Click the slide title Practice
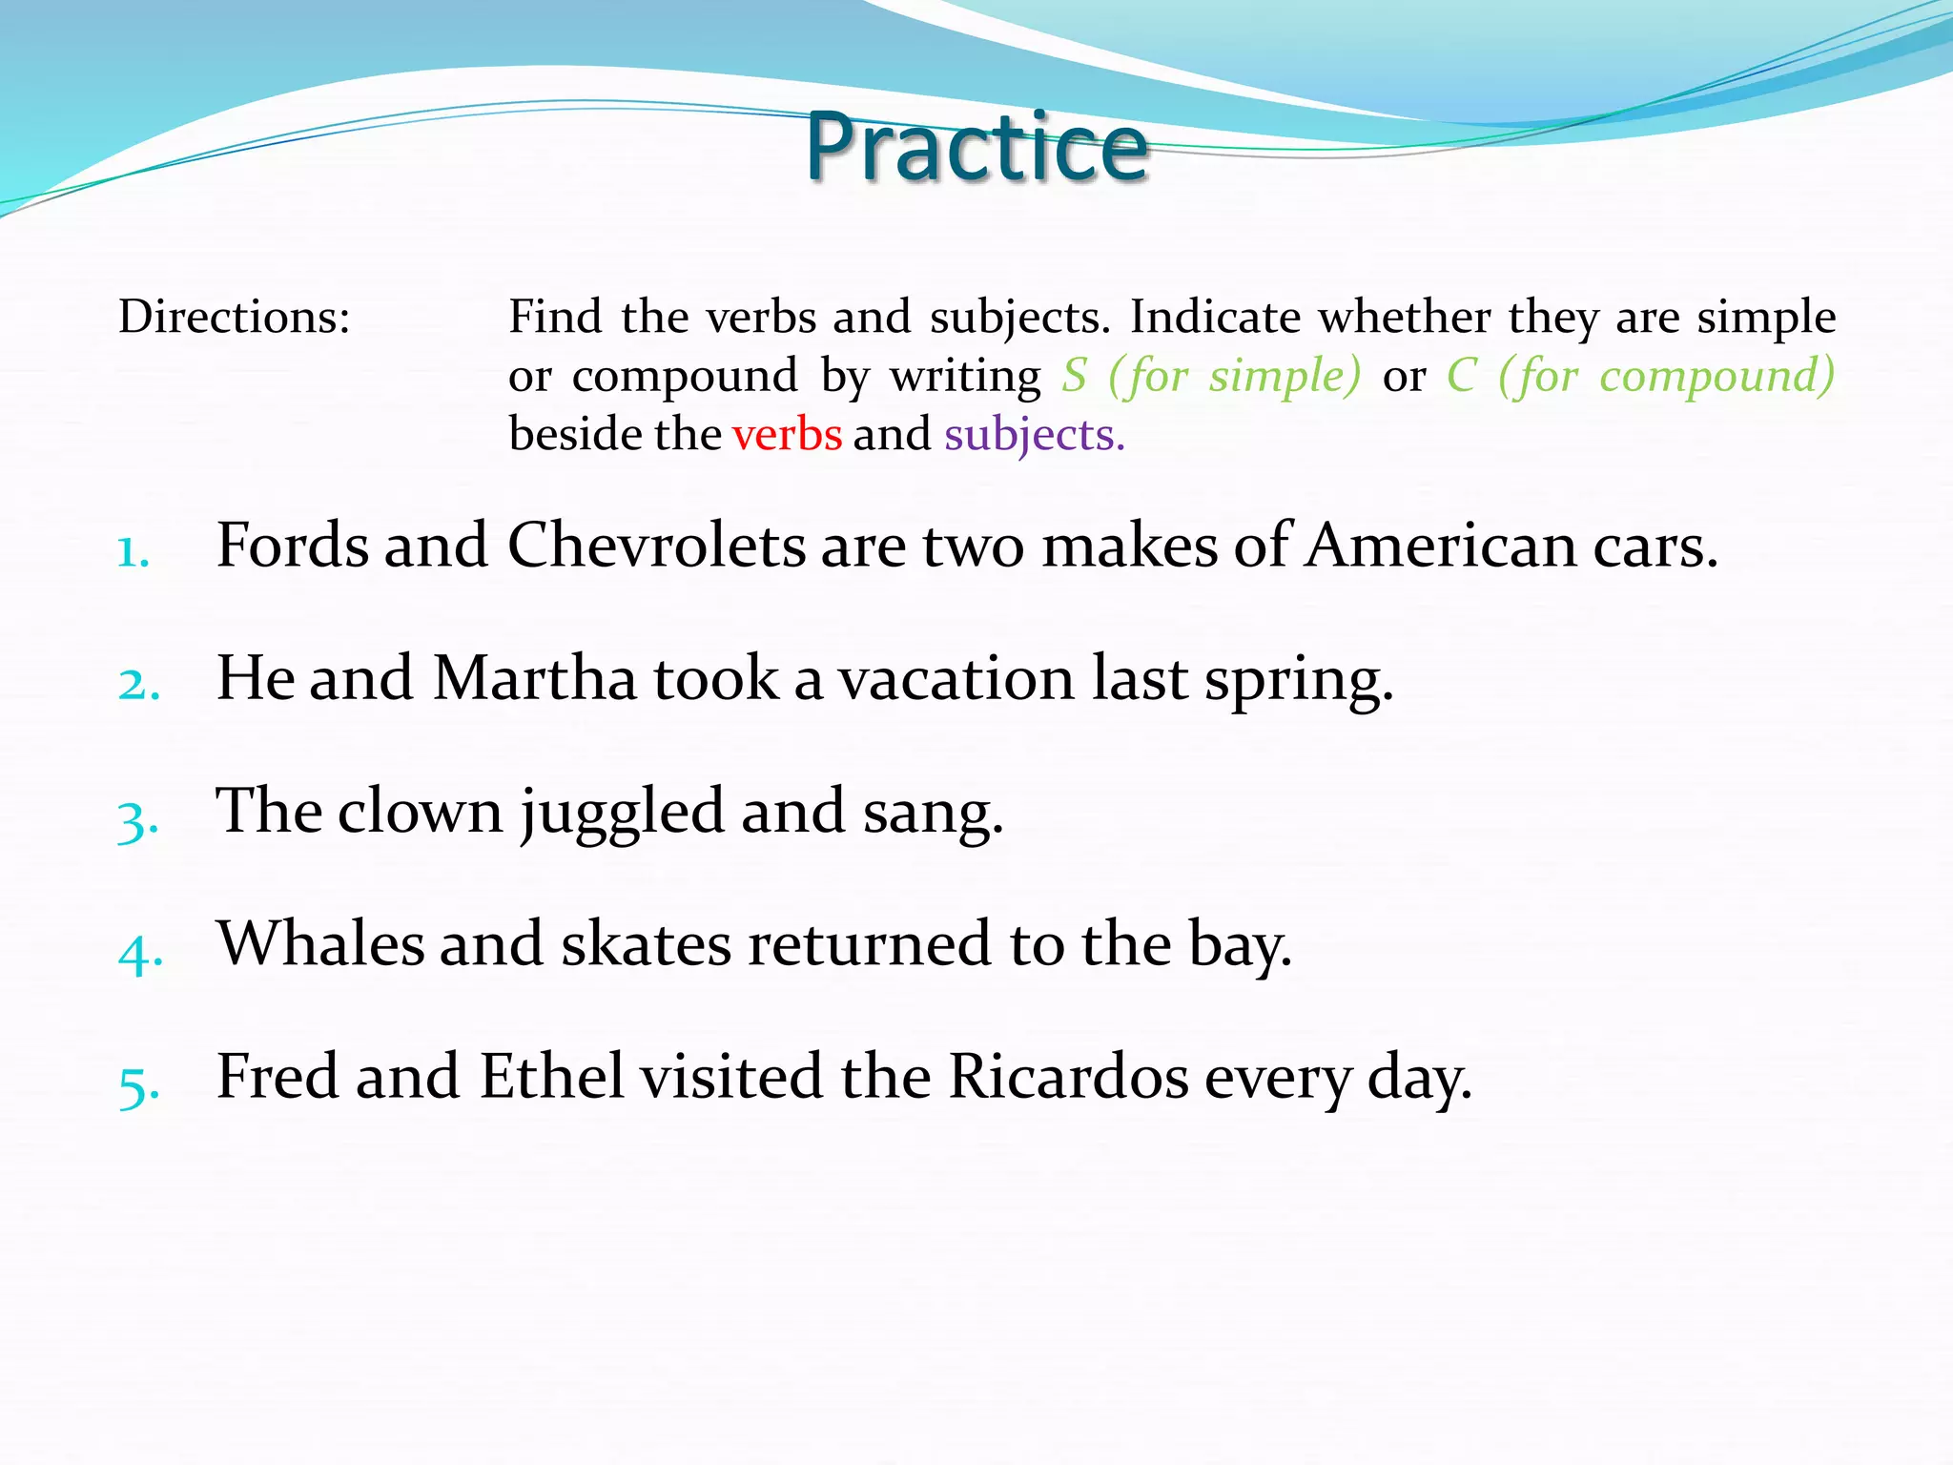[x=976, y=148]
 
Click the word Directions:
[x=235, y=317]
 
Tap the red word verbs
[x=787, y=435]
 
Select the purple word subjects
[x=1034, y=435]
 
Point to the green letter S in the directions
[x=1075, y=375]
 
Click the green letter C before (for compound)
[x=1461, y=375]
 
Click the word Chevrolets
[x=656, y=546]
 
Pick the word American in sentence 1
[x=1441, y=546]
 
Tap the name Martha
[x=534, y=678]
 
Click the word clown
[x=420, y=811]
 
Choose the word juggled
[x=623, y=813]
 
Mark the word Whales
[x=320, y=943]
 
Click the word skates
[x=646, y=943]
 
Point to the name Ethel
[x=551, y=1076]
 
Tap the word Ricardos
[x=1068, y=1076]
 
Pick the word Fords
[x=292, y=546]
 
